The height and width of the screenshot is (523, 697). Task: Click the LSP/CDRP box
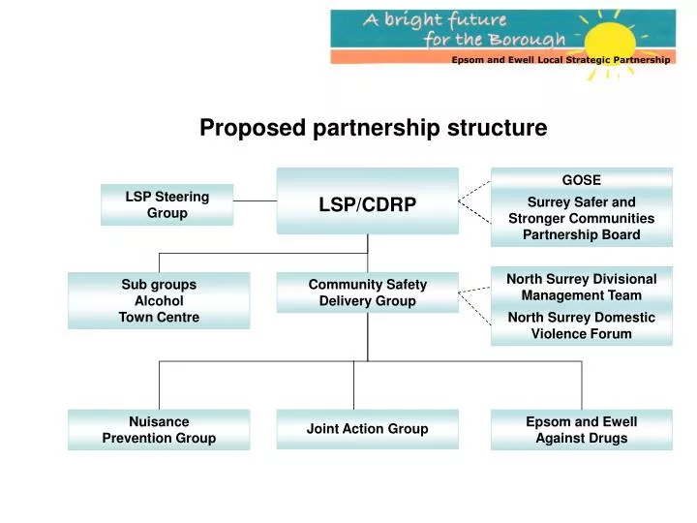[x=367, y=202]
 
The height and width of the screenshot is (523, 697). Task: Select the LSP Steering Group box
[x=167, y=204]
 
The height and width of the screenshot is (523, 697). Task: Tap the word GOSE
[x=581, y=180]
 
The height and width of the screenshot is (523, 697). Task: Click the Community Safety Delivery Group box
[x=367, y=292]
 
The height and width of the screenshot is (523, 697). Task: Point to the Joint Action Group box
[x=367, y=429]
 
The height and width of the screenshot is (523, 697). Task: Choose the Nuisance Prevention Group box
[x=159, y=429]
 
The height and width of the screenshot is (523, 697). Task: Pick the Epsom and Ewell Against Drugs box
[x=581, y=429]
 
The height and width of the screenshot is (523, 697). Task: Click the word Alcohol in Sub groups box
[x=159, y=301]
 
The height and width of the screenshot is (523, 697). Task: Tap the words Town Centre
[x=159, y=318]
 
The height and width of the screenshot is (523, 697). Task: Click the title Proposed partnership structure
[x=373, y=127]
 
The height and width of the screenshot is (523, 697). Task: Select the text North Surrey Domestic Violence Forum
[x=581, y=325]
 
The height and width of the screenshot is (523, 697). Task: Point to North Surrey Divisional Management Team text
[x=581, y=287]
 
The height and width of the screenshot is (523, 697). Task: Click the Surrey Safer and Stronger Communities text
[x=581, y=218]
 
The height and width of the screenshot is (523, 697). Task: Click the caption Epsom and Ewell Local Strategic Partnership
[x=560, y=60]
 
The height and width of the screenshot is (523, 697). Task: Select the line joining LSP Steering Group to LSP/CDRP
[x=255, y=201]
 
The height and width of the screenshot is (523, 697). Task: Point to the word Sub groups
[x=159, y=285]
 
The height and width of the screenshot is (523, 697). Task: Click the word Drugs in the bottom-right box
[x=607, y=439]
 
